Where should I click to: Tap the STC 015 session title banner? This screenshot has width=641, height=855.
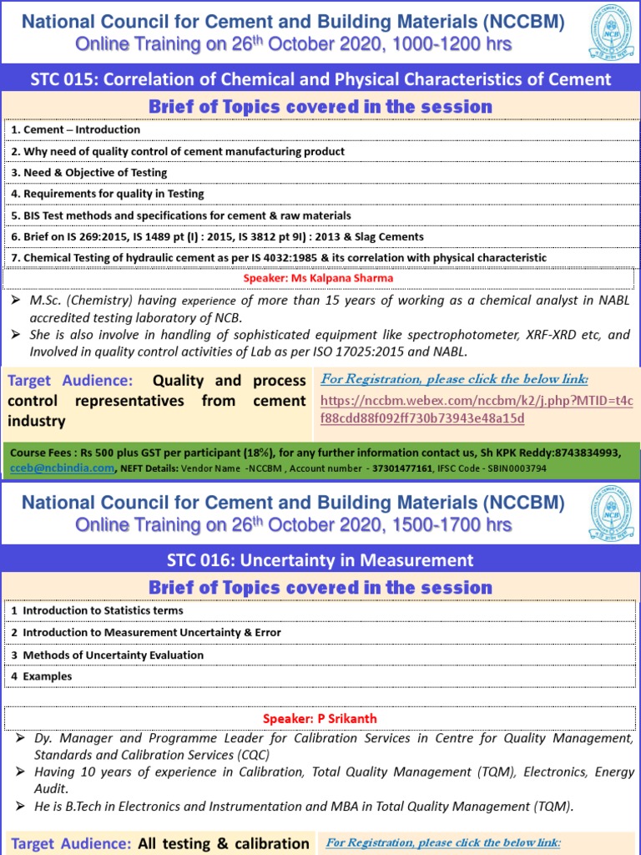[320, 79]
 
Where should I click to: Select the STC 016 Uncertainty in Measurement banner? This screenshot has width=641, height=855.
[320, 560]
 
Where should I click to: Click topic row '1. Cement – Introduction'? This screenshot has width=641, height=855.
[82, 129]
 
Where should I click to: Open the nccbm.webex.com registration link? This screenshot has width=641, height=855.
[477, 409]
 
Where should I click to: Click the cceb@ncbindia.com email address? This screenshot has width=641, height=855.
[63, 468]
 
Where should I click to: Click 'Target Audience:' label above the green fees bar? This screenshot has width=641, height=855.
[70, 381]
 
